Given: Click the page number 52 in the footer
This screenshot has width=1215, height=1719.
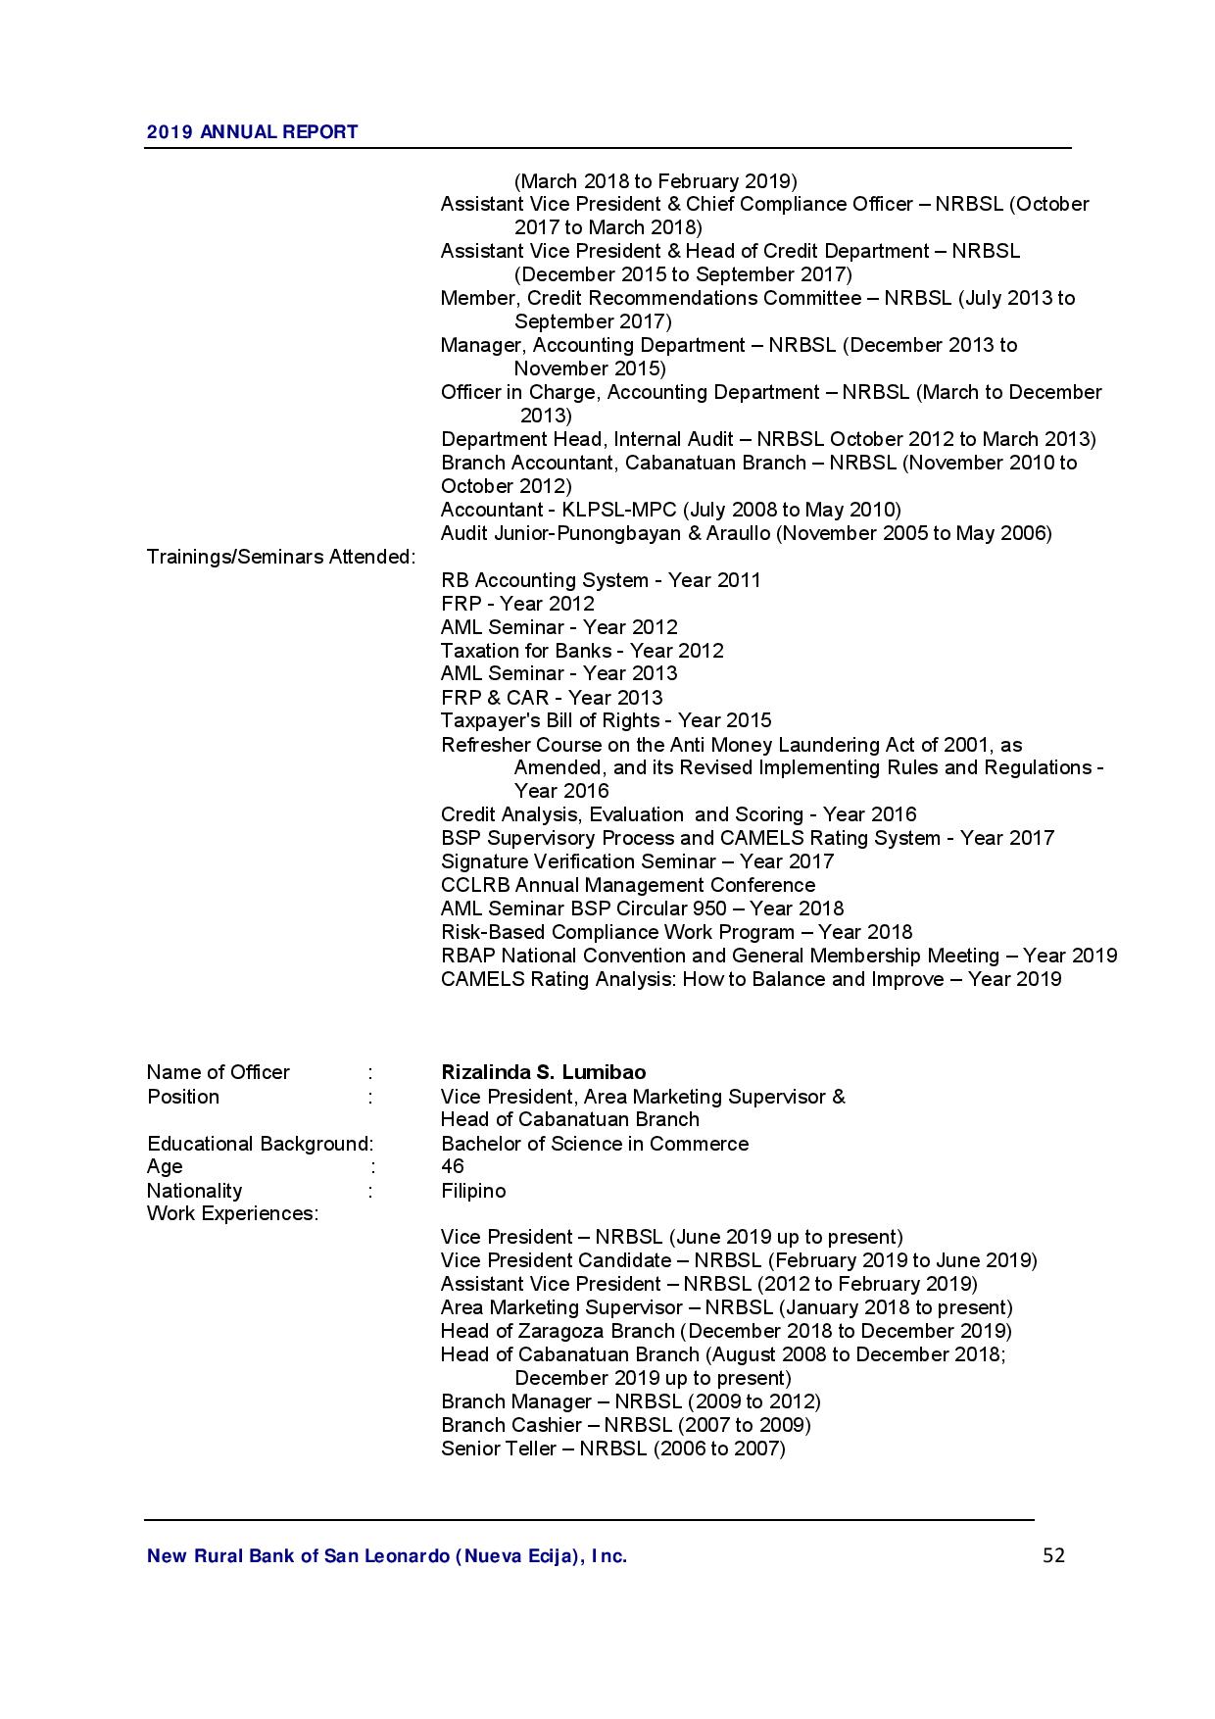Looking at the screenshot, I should point(1053,1555).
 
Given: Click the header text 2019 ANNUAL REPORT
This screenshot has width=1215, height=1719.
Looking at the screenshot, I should point(252,131).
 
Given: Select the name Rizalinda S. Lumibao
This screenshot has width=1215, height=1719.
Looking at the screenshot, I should point(543,1072).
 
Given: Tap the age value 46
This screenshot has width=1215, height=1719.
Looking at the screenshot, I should point(453,1166).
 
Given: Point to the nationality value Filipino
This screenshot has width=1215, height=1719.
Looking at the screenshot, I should point(473,1191).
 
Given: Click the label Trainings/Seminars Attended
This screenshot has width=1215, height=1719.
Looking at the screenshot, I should point(281,557).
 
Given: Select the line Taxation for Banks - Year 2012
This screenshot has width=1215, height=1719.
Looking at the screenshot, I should point(582,651).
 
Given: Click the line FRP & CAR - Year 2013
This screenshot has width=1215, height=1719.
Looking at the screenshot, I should point(552,698).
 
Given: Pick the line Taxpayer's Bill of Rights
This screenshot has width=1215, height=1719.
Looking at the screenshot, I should point(606,720).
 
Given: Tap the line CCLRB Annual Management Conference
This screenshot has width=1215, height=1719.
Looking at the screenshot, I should point(628,885).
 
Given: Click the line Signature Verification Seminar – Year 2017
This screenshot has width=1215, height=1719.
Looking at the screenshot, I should point(637,861).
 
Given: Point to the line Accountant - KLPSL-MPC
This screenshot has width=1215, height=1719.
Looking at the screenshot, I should point(670,510).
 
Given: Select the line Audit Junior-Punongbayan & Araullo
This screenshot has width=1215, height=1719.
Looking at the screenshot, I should point(746,533).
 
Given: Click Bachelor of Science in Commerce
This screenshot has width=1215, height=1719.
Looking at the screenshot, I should point(595,1144).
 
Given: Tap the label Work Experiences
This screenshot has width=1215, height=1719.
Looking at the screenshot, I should point(232,1213).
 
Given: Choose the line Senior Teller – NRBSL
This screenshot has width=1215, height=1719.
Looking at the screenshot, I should point(612,1449).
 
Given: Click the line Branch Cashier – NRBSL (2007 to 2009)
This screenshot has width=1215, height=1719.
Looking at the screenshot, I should point(625,1425).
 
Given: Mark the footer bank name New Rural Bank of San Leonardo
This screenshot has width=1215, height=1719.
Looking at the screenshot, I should point(386,1555).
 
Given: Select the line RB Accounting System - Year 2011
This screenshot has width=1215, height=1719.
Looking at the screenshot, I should point(601,580).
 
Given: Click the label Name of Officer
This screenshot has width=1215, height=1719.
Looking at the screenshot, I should point(218,1072).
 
